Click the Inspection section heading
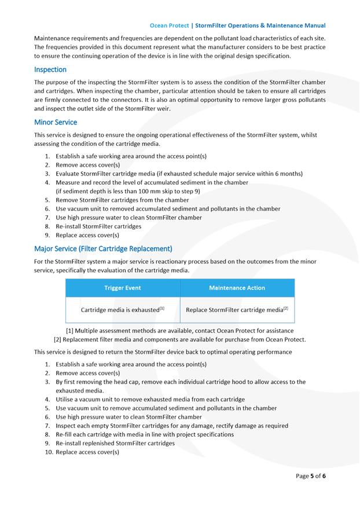point(50,69)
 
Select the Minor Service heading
point(56,122)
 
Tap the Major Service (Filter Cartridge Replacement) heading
point(103,248)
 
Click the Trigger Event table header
point(122,288)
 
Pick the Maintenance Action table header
point(237,288)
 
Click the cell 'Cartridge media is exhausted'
point(122,310)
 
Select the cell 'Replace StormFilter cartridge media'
point(237,310)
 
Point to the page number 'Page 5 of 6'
point(311,476)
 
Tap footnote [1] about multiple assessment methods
point(179,331)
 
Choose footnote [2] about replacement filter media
point(179,339)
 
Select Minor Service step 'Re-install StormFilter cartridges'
point(98,226)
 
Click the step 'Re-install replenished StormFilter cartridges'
point(115,443)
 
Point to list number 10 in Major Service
point(49,452)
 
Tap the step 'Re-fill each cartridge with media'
point(145,434)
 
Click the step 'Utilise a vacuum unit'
point(150,399)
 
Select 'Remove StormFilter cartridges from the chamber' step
point(122,200)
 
